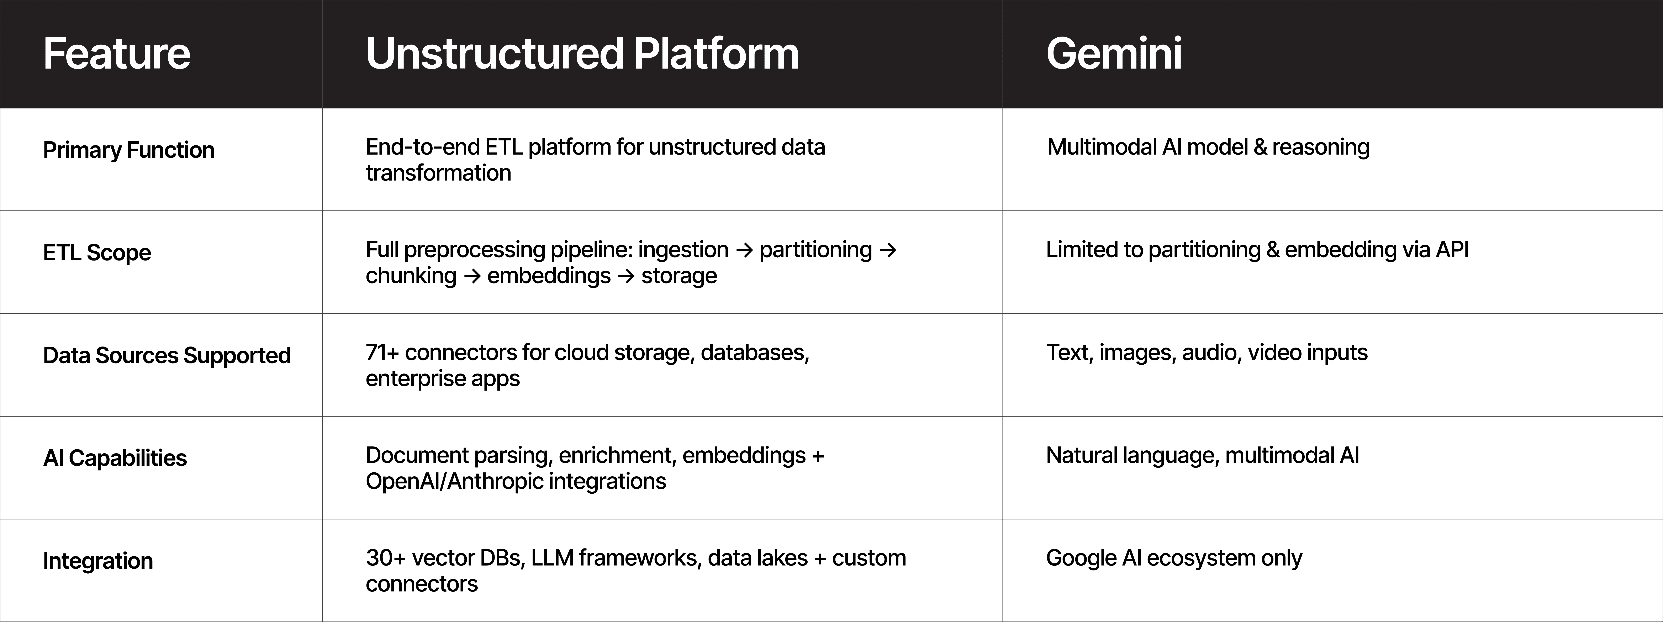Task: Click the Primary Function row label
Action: point(128,150)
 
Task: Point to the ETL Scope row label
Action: point(97,252)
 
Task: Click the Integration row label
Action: point(98,561)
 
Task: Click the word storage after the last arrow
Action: point(679,275)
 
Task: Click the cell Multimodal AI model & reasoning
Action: point(1208,147)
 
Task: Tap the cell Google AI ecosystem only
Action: point(1174,558)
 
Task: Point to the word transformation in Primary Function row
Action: point(438,173)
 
